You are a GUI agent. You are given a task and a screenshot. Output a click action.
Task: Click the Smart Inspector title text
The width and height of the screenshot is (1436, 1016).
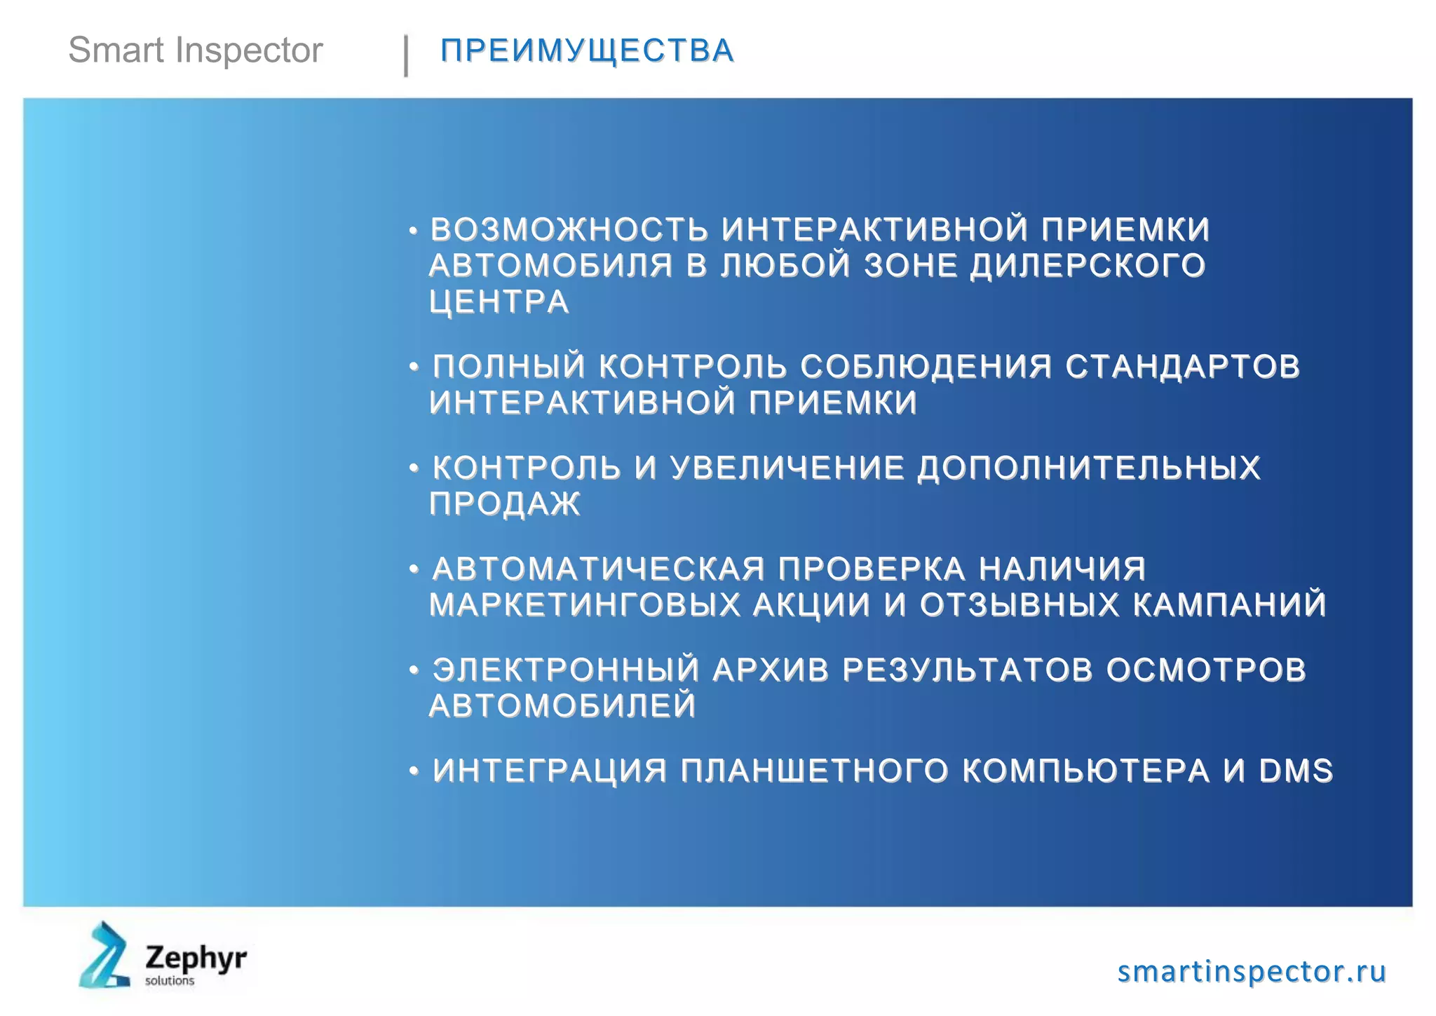(195, 50)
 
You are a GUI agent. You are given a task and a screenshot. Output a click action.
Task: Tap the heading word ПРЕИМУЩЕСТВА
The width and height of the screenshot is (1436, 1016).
(587, 50)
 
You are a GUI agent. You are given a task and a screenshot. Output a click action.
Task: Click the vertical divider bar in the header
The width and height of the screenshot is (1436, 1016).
(406, 55)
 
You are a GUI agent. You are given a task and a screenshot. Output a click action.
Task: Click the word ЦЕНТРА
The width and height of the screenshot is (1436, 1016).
(499, 302)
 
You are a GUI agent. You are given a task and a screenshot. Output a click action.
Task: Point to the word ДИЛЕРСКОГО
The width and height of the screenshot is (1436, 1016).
(1088, 266)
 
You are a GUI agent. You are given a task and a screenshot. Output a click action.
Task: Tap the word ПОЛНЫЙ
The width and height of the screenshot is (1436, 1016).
(509, 366)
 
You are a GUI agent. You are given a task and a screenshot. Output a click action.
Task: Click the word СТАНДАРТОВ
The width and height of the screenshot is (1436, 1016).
(1183, 366)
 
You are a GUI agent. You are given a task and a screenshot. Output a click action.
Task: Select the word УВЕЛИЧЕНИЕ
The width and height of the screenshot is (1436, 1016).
(787, 468)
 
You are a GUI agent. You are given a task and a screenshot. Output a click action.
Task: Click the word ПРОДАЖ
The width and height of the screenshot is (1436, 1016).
(505, 503)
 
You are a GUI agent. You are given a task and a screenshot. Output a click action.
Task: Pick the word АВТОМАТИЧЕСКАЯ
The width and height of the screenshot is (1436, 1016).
(598, 569)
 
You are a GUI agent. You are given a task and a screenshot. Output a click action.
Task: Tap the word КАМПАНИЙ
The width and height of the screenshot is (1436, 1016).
(1230, 604)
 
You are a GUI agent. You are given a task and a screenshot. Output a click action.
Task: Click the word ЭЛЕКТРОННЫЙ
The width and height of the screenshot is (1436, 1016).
(566, 670)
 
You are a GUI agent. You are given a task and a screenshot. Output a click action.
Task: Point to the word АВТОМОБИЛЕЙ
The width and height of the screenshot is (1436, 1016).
(562, 705)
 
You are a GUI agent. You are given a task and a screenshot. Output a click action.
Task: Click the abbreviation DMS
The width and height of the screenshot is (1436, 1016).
(1296, 771)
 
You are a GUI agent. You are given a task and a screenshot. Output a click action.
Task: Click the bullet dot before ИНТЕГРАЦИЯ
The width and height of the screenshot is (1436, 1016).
(414, 771)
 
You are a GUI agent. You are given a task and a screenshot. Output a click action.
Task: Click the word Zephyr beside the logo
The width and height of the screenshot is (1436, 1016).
(196, 957)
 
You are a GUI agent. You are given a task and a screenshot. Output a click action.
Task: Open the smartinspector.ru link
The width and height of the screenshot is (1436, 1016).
(1252, 971)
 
